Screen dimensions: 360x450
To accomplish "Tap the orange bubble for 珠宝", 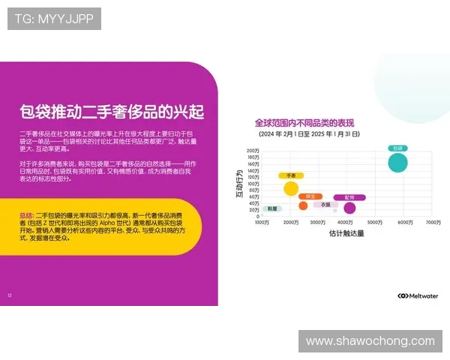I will [303, 205].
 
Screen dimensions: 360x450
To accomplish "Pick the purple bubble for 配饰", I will [349, 208].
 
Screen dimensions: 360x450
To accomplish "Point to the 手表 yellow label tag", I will [290, 175].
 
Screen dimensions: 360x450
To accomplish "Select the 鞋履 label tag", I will [271, 208].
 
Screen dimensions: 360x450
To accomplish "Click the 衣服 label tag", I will [325, 204].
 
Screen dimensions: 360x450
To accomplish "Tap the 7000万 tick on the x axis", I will [433, 223].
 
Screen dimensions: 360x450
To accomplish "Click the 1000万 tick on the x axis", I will [262, 223].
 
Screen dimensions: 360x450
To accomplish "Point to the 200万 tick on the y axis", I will [253, 151].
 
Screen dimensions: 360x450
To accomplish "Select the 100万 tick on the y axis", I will [253, 183].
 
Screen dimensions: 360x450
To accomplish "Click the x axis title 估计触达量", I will [346, 234].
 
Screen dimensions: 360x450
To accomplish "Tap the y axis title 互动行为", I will [238, 183].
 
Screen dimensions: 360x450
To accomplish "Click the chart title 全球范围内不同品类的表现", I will [304, 123].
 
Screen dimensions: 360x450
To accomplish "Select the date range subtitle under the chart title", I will [308, 134].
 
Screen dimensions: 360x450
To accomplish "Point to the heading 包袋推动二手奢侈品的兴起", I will [112, 112].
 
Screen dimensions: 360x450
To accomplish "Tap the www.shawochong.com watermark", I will [370, 341].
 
